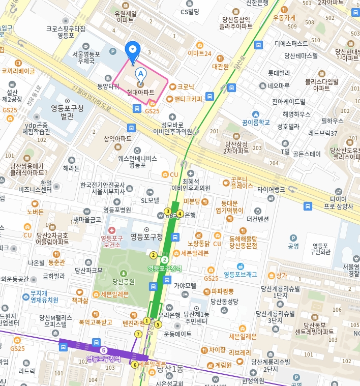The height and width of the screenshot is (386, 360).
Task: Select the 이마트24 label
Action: click(199, 53)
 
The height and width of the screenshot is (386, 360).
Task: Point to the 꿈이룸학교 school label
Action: click(256, 122)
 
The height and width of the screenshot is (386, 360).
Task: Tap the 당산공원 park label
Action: click(124, 280)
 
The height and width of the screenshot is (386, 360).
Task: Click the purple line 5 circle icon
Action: click(104, 350)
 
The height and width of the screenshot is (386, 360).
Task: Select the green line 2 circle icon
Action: click(165, 260)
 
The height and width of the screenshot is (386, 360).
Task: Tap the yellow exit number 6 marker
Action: click(135, 364)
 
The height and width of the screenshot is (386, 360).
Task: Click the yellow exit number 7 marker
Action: click(137, 334)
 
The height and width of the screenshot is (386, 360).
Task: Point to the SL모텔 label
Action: click(150, 200)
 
